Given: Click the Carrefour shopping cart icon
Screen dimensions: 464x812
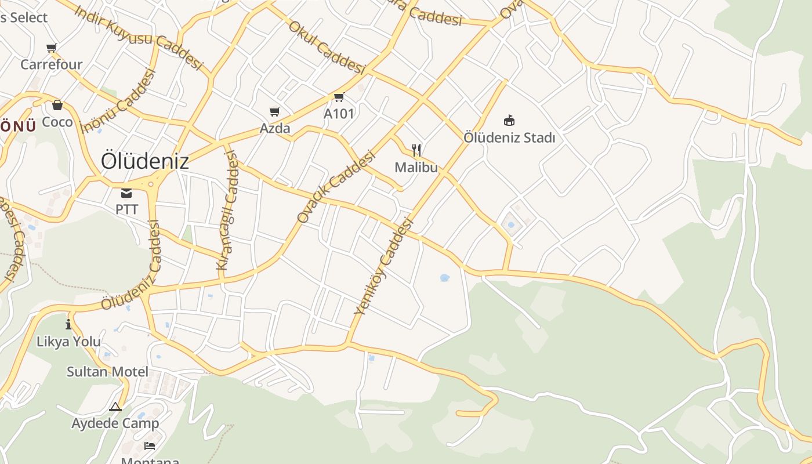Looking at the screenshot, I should point(52,48).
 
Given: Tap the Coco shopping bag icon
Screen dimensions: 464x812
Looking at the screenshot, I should point(57,105).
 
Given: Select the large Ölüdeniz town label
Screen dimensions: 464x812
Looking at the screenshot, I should point(144,161).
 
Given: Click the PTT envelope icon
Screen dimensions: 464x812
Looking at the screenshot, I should point(126,193).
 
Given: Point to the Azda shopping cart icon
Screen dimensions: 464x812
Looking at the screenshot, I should point(274,111).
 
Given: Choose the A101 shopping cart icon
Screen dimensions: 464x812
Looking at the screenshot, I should point(339,97).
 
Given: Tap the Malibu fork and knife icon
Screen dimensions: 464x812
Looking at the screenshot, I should point(416,150).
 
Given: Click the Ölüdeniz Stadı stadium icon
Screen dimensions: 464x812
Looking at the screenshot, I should point(509,121).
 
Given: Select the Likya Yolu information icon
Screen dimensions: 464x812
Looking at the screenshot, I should point(68,324).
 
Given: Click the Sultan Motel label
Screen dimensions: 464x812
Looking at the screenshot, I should point(107,372).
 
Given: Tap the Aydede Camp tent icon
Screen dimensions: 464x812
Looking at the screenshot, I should point(115,407).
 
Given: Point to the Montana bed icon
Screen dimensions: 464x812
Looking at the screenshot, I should point(149,446).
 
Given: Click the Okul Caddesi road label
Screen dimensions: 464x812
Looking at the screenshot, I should point(327,48).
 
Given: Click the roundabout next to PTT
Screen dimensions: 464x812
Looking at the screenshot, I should point(152,184).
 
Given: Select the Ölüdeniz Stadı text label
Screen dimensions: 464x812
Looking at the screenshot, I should point(509,138).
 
